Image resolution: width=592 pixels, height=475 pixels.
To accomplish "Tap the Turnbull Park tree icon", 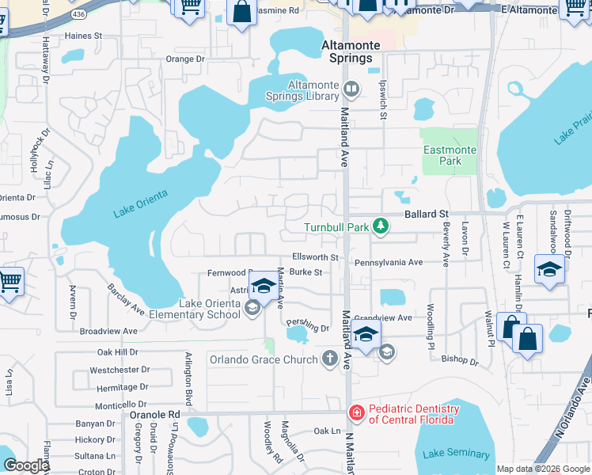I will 381,227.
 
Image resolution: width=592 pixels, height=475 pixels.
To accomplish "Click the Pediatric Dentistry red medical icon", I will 356,412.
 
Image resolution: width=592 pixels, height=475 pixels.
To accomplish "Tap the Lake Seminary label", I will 456,454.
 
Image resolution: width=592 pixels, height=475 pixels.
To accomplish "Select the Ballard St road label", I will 427,214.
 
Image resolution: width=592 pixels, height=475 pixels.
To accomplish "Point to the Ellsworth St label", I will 315,257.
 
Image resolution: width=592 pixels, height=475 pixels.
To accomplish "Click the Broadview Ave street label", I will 108,331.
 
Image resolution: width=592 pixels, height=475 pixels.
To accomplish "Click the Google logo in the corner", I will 25,465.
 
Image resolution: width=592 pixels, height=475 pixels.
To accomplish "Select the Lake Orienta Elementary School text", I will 210,309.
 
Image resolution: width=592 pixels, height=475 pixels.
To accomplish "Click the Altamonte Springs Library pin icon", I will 351,90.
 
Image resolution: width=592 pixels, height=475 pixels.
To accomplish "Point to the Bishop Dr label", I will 460,361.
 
